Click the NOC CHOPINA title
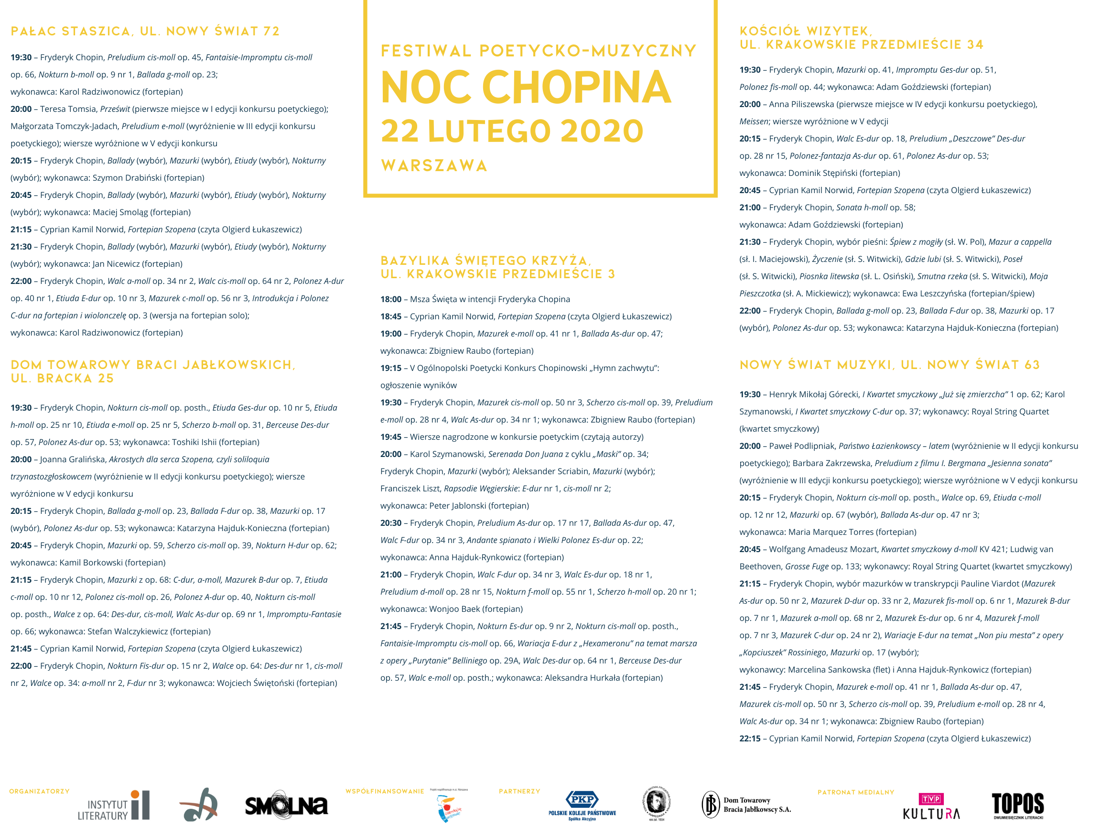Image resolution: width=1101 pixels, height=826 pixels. pyautogui.click(x=526, y=87)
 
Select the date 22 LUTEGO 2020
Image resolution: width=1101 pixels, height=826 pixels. pyautogui.click(x=512, y=131)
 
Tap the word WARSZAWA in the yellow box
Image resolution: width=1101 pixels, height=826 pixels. pyautogui.click(x=434, y=166)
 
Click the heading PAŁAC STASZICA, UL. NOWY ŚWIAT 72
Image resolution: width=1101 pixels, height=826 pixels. pyautogui.click(x=145, y=32)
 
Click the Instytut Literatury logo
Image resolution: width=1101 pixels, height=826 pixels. pyautogui.click(x=113, y=805)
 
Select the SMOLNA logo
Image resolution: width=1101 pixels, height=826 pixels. pyautogui.click(x=286, y=805)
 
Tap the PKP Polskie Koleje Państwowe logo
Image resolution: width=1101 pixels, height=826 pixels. pyautogui.click(x=582, y=805)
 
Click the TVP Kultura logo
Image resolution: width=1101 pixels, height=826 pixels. pyautogui.click(x=931, y=806)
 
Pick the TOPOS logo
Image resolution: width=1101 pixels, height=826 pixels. pyautogui.click(x=1018, y=805)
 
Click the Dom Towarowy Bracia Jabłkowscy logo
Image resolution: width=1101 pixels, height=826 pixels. pyautogui.click(x=746, y=804)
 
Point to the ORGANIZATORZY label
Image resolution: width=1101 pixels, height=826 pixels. pyautogui.click(x=39, y=791)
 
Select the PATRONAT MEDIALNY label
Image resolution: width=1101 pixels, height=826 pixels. pyautogui.click(x=855, y=792)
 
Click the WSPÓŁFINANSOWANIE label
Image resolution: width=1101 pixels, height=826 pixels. pyautogui.click(x=385, y=791)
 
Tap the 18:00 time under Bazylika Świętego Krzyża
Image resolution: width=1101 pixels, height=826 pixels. pyautogui.click(x=391, y=299)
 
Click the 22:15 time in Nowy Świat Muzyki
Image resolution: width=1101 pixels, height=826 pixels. pyautogui.click(x=750, y=739)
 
